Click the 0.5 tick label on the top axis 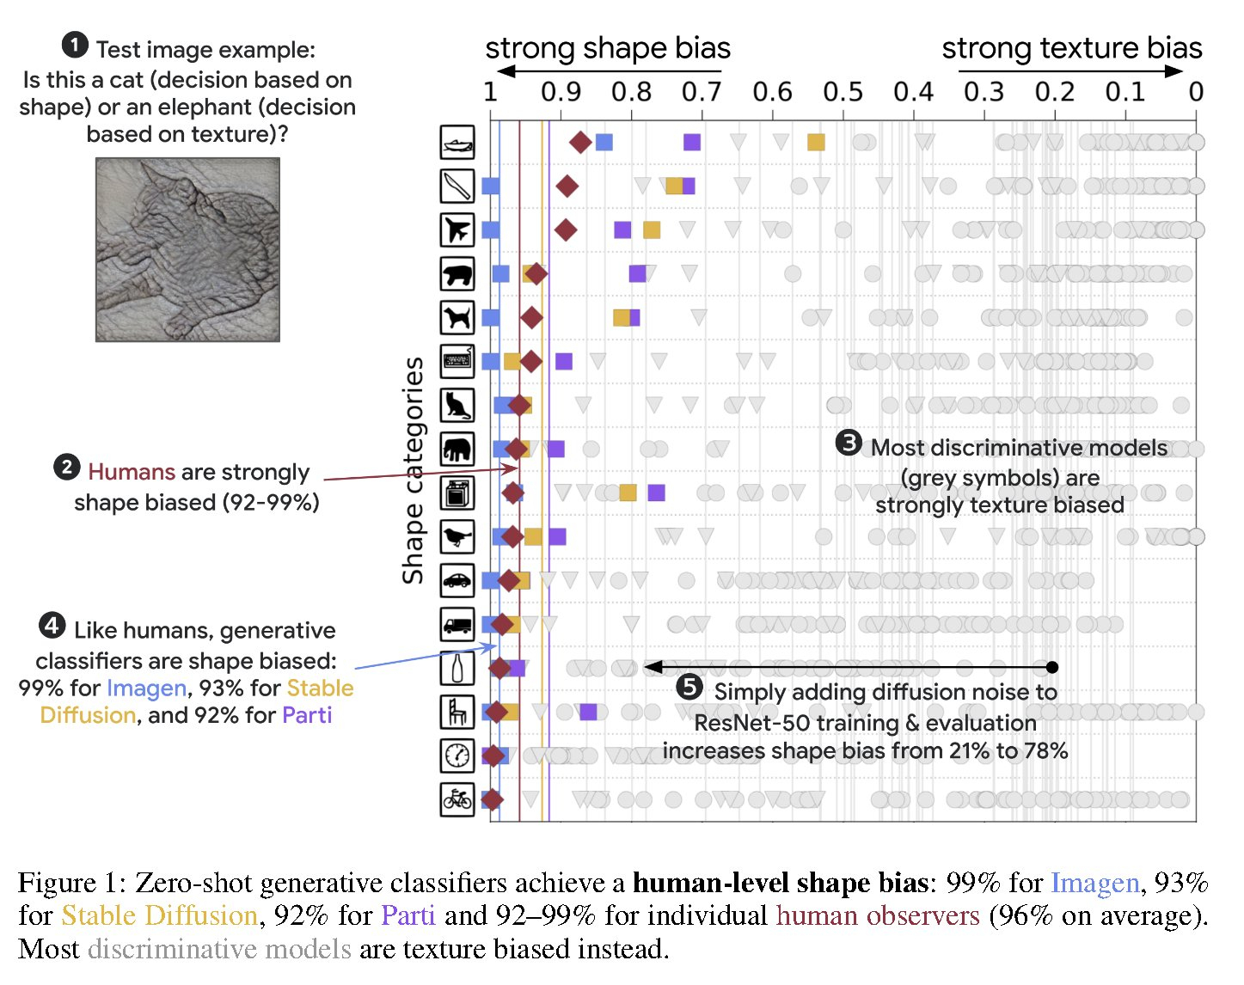tap(842, 91)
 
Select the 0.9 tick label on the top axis tap(561, 91)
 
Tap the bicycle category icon tap(457, 799)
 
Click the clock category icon tap(457, 756)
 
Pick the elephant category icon tap(457, 449)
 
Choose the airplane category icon tap(457, 230)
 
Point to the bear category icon tap(457, 274)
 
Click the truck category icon tap(457, 624)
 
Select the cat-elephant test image tap(187, 249)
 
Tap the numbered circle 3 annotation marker tap(849, 444)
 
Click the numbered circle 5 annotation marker tap(689, 688)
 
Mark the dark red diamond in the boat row tap(580, 142)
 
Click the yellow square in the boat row tap(816, 142)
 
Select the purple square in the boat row tap(692, 142)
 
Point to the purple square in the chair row tap(588, 712)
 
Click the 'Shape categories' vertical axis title tap(414, 470)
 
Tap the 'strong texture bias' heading tap(1071, 48)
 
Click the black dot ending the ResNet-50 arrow tap(1053, 667)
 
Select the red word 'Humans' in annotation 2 tap(132, 472)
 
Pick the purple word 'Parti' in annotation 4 tap(307, 715)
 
